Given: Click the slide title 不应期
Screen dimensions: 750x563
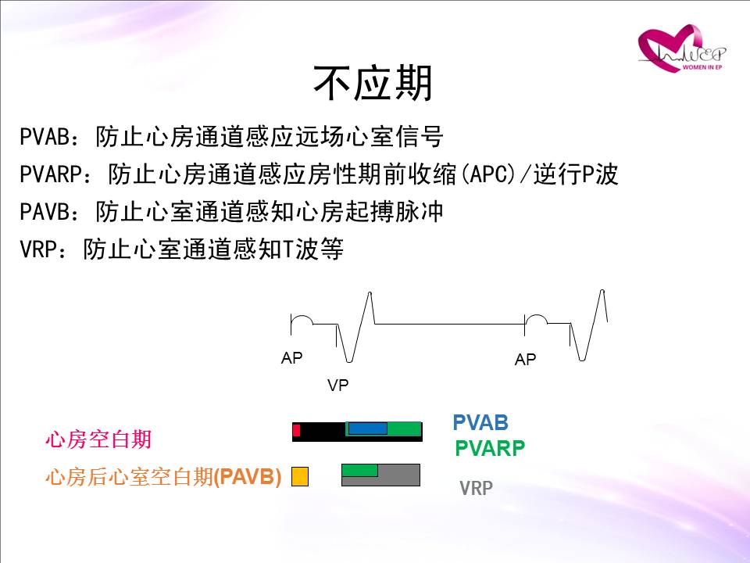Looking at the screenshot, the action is tap(373, 83).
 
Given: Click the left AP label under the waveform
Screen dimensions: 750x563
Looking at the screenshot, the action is tap(291, 357).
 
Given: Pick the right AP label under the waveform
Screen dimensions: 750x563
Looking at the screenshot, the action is tap(525, 359).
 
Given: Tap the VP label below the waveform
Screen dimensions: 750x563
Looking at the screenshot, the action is tap(337, 385).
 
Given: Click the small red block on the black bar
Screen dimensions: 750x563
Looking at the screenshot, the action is tap(296, 430).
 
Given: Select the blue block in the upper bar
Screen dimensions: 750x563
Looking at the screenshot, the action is tap(368, 429).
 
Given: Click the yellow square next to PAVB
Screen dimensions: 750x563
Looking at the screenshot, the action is tap(300, 476).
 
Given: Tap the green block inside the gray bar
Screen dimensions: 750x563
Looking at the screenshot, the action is tap(359, 470).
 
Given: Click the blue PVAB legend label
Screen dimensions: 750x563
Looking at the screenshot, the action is tap(480, 423).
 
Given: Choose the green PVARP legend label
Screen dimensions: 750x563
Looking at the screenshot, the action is tap(490, 448).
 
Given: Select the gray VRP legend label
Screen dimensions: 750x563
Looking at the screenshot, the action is tap(476, 488).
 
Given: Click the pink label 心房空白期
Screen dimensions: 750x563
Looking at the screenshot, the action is tap(98, 439).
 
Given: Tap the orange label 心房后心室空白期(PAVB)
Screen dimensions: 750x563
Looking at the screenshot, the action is tap(163, 477).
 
